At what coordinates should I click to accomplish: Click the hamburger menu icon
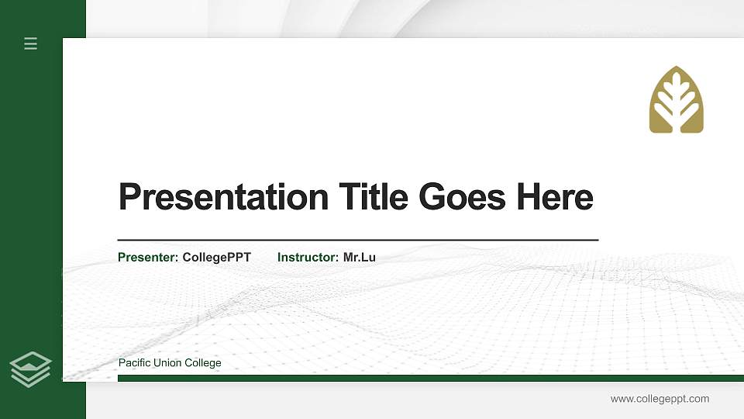(31, 43)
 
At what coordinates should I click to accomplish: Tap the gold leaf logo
(676, 100)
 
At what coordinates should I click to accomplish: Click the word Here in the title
(555, 197)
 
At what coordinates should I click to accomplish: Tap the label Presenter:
(148, 257)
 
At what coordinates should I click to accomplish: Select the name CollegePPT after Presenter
(217, 257)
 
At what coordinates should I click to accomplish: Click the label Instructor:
(308, 257)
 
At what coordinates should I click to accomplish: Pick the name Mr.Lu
(360, 257)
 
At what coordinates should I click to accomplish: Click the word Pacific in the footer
(134, 363)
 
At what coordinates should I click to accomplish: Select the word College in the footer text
(204, 363)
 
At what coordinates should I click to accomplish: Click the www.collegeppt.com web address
(660, 399)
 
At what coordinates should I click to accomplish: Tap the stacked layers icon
(31, 369)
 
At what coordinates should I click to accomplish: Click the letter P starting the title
(129, 197)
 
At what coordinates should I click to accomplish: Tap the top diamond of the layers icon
(31, 360)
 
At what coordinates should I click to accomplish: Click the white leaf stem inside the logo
(676, 113)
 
